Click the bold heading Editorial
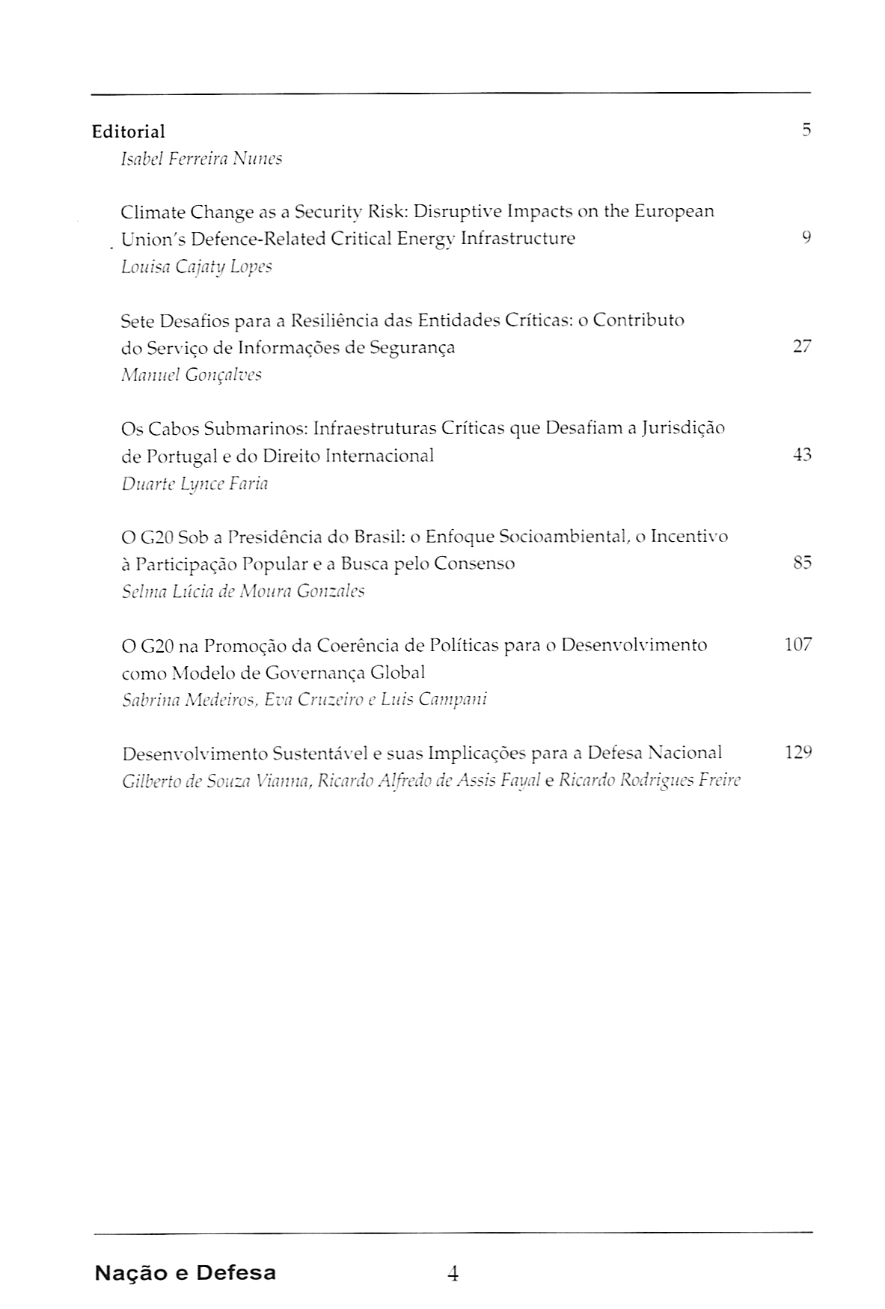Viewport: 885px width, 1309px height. (128, 132)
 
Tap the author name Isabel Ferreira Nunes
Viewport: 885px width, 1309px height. (201, 159)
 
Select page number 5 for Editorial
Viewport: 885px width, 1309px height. (806, 130)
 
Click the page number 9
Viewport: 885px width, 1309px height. (806, 238)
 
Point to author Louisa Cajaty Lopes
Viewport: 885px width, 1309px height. (196, 267)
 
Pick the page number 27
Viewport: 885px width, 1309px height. (801, 347)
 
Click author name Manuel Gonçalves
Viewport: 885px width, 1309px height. (191, 375)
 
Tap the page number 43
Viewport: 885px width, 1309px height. (801, 455)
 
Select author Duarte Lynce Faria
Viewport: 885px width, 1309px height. (195, 483)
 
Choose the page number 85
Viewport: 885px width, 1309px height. (801, 563)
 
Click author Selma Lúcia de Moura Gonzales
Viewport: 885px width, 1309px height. (242, 591)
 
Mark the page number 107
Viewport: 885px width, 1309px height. (797, 644)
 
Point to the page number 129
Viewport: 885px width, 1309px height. (798, 752)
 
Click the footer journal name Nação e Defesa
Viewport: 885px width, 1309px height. (185, 1272)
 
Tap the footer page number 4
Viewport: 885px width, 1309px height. (452, 1273)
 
